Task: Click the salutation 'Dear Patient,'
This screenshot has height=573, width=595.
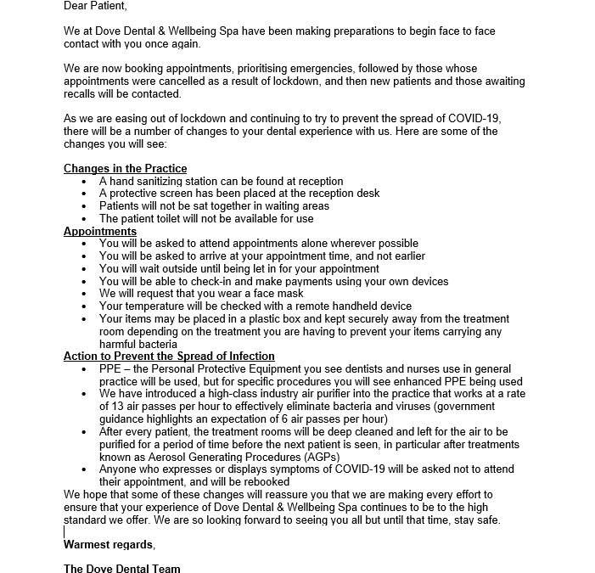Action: pyautogui.click(x=94, y=6)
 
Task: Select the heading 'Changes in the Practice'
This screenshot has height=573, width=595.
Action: pyautogui.click(x=125, y=168)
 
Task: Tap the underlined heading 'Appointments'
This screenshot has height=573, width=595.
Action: pyautogui.click(x=100, y=231)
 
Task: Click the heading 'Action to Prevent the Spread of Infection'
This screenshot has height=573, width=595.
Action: pyautogui.click(x=169, y=357)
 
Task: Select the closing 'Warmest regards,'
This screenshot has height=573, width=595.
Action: pyautogui.click(x=109, y=544)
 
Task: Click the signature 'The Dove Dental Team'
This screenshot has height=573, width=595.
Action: pyautogui.click(x=121, y=568)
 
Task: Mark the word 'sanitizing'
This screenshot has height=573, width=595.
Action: pyautogui.click(x=170, y=181)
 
